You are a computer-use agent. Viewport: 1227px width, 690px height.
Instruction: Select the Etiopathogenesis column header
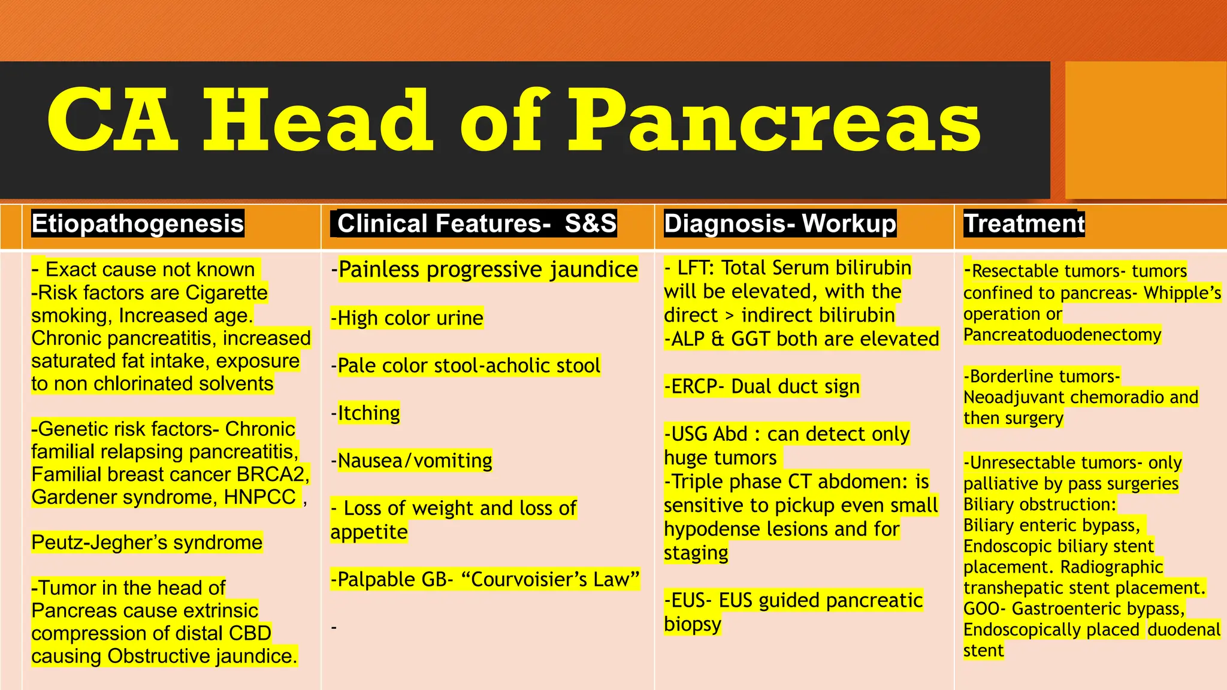pyautogui.click(x=138, y=223)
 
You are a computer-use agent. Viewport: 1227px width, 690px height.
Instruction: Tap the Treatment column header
pyautogui.click(x=1024, y=223)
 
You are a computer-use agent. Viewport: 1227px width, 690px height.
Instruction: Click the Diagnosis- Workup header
pyautogui.click(x=780, y=223)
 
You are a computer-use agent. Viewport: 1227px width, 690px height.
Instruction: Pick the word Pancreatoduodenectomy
pyautogui.click(x=1062, y=335)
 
